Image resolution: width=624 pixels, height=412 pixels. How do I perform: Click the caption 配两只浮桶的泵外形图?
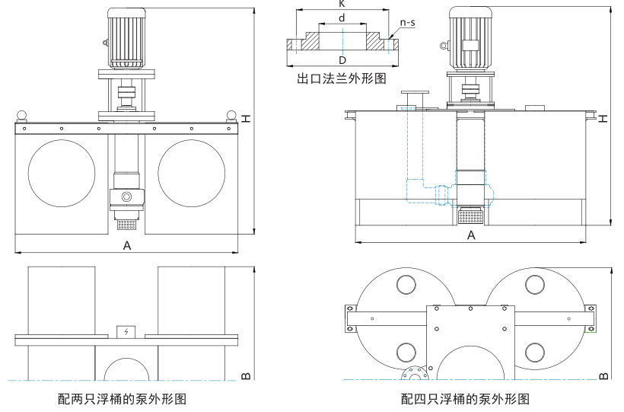tap(122, 398)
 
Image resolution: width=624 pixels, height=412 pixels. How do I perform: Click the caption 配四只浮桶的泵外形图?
tap(465, 398)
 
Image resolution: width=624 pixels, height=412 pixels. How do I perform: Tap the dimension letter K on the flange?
tap(340, 4)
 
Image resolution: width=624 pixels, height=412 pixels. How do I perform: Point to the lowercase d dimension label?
tap(342, 17)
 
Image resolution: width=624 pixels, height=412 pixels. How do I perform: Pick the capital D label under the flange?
tap(342, 59)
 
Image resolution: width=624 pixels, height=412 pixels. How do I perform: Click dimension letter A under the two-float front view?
tap(127, 245)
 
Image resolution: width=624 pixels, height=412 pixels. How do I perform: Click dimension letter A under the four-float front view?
tap(471, 236)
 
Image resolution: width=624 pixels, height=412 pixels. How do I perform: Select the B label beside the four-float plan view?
tap(603, 375)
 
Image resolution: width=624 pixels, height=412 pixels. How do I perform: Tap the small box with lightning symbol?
tap(126, 332)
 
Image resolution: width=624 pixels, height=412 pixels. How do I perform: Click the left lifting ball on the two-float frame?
tap(23, 115)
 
